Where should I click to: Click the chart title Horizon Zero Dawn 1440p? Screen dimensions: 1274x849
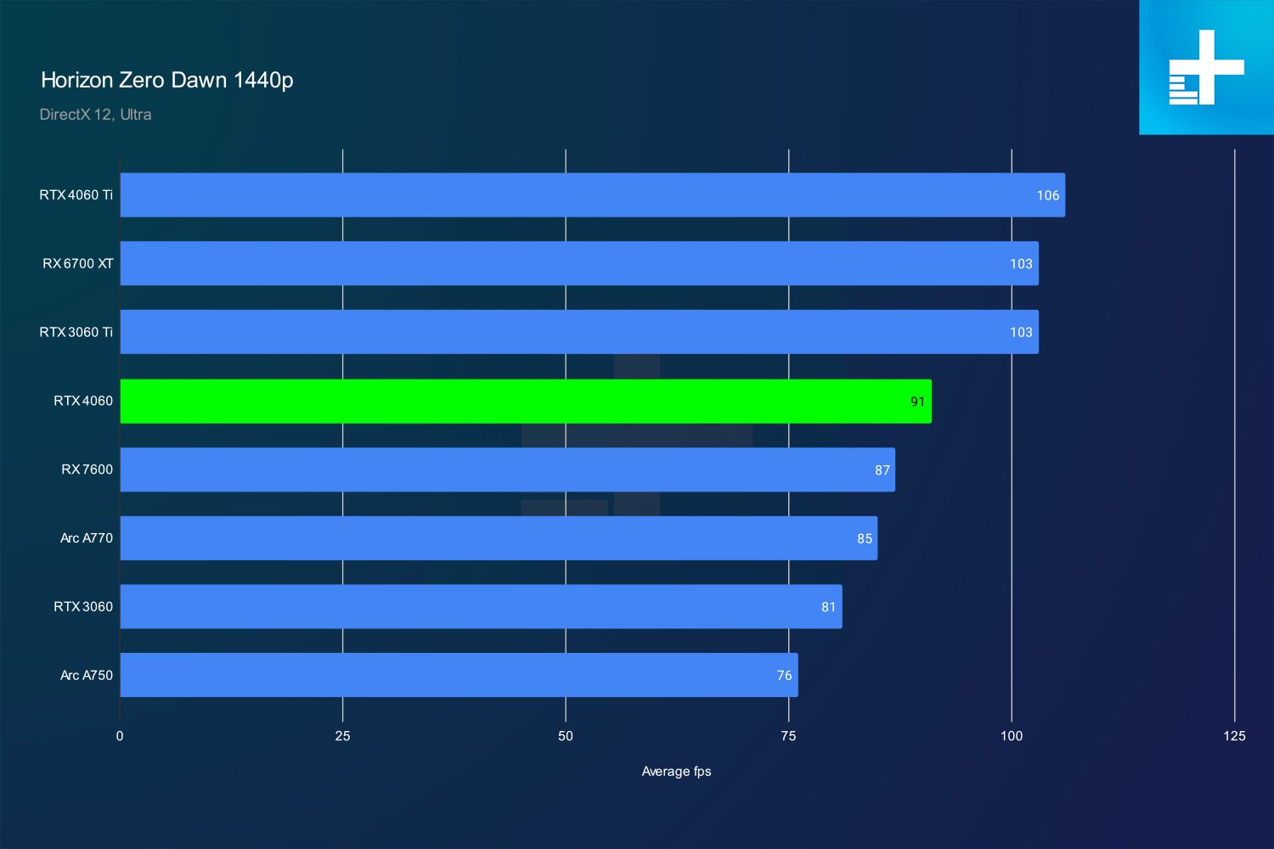click(166, 80)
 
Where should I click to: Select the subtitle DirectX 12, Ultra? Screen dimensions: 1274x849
click(95, 115)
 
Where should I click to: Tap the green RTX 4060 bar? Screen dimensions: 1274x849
click(526, 401)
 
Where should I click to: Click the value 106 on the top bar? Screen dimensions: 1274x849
click(1047, 195)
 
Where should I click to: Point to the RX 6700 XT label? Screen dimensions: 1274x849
click(78, 263)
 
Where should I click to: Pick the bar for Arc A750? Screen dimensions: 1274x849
click(459, 675)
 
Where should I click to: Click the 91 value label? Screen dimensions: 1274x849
click(917, 402)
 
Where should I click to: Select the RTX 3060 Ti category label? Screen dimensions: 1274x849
click(76, 332)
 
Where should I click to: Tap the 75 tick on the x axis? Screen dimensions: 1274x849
click(788, 736)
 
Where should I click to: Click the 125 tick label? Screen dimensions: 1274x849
click(1234, 736)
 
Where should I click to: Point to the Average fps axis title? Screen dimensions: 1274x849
click(676, 771)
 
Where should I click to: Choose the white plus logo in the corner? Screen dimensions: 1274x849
click(1206, 67)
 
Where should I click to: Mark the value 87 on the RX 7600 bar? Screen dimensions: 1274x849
click(882, 469)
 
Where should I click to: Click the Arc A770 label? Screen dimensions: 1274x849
click(87, 538)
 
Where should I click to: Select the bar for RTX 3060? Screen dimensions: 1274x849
click(482, 606)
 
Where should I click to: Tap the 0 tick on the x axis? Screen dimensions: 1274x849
click(120, 736)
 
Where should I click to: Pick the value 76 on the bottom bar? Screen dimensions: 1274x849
click(784, 675)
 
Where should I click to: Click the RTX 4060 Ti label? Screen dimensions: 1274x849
click(76, 194)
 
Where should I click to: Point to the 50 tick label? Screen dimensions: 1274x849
click(566, 736)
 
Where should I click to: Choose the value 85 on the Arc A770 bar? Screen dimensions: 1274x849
click(865, 538)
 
